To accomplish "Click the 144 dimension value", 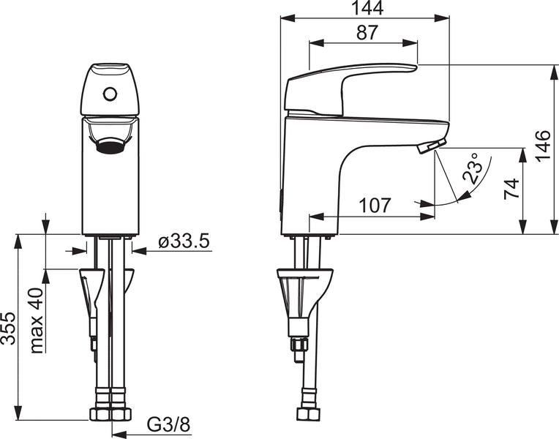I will [364, 9].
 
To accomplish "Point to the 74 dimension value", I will [511, 188].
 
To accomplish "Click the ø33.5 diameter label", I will [184, 241].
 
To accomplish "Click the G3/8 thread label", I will [168, 424].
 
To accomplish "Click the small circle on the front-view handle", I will [110, 94].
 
